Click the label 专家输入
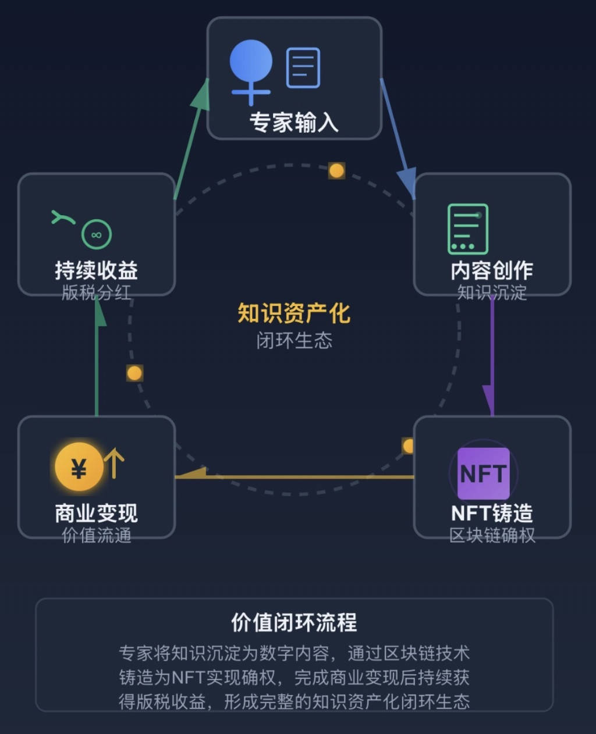tap(294, 123)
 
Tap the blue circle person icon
tap(251, 63)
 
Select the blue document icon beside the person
tap(303, 68)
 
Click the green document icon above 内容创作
tap(468, 229)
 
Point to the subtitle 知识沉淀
tap(492, 292)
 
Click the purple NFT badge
tap(483, 473)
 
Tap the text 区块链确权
tap(492, 535)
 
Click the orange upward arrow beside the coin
tap(114, 463)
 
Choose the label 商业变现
tap(97, 513)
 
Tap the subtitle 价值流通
tap(97, 535)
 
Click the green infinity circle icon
tap(97, 235)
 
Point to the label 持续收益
tap(97, 270)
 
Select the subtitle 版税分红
tap(97, 292)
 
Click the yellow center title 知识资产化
tap(294, 313)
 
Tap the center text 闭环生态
tap(294, 340)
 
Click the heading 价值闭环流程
tap(294, 622)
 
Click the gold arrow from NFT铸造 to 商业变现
tap(294, 476)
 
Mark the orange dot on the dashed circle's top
tap(336, 170)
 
